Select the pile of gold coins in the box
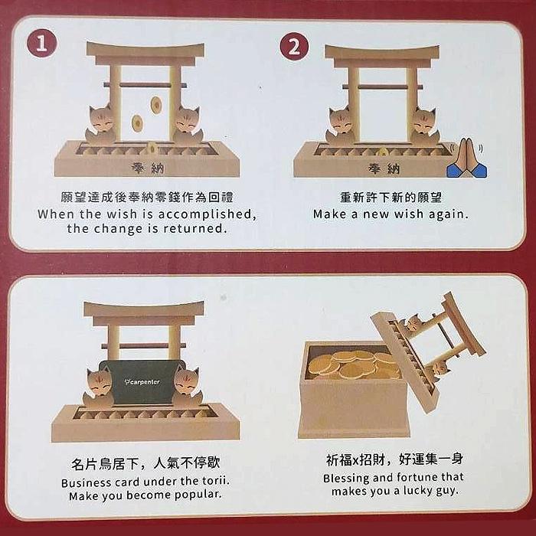point(352,364)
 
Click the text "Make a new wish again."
point(391,214)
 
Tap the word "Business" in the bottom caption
point(89,482)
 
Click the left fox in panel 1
point(101,126)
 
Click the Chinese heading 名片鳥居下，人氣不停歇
point(145,463)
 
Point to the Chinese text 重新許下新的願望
point(391,197)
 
